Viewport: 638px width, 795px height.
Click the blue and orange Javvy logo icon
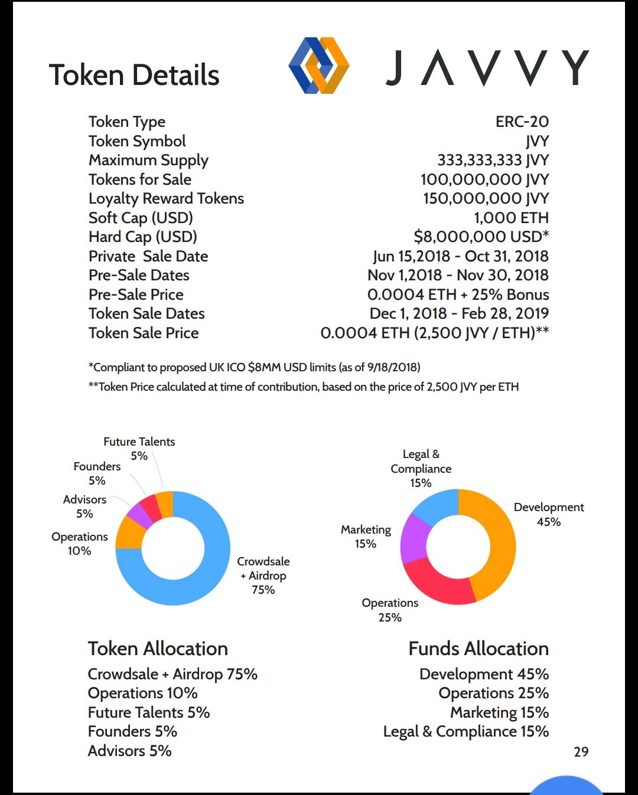(319, 66)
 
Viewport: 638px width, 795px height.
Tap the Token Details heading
(134, 76)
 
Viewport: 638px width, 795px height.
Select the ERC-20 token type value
(522, 122)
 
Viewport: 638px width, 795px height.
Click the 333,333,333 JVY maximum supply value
(493, 160)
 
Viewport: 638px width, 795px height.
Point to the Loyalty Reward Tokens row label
(166, 198)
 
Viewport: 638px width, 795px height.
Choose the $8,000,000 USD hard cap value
(481, 237)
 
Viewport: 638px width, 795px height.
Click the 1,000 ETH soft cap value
(511, 218)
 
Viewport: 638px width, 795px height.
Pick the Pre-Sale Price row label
(136, 295)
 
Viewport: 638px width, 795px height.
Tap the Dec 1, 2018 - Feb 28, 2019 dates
(459, 313)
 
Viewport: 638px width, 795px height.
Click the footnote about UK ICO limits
(254, 367)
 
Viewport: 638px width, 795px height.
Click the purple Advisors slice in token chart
(139, 516)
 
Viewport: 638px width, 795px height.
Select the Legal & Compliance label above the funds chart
(421, 468)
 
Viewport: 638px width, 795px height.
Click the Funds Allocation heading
(479, 649)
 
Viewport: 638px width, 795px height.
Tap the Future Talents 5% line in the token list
(149, 712)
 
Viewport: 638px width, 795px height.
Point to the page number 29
(581, 751)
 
